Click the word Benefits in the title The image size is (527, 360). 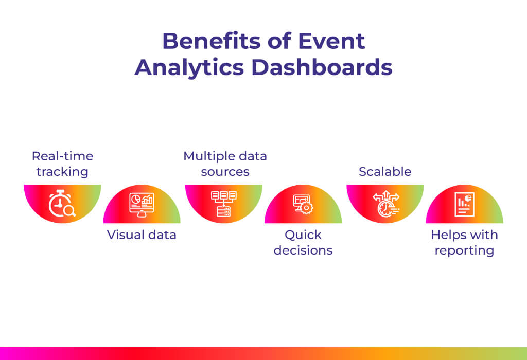click(x=212, y=41)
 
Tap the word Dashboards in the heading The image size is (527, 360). click(x=322, y=67)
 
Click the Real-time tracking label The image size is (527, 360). click(x=62, y=164)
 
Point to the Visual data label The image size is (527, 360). click(x=142, y=235)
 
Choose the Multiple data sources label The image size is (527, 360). click(x=225, y=164)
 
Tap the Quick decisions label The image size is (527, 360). click(x=303, y=242)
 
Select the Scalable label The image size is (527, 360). click(x=385, y=172)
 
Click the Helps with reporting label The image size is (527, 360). click(x=465, y=242)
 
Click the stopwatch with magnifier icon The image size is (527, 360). click(x=62, y=204)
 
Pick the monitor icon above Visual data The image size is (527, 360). click(x=142, y=205)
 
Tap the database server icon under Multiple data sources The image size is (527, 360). click(x=224, y=204)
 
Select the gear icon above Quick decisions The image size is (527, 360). click(x=306, y=208)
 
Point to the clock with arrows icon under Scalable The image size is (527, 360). click(x=386, y=204)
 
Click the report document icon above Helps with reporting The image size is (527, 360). click(x=465, y=205)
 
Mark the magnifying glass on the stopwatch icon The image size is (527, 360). click(x=70, y=211)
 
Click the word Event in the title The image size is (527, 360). click(x=331, y=41)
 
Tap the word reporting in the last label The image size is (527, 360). click(x=465, y=251)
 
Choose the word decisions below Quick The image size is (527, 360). click(x=303, y=250)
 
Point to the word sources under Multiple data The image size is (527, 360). click(x=225, y=172)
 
